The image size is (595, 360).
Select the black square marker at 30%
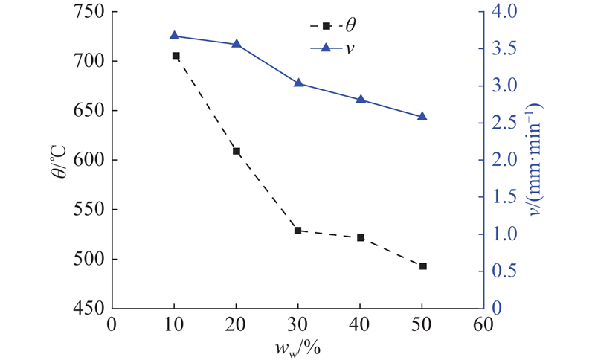point(298,231)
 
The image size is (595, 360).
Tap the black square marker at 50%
point(422,266)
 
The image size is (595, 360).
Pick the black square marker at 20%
point(237,151)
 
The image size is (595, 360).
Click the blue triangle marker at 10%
point(174,36)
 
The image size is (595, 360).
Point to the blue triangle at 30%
point(298,83)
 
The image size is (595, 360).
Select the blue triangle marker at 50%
point(422,116)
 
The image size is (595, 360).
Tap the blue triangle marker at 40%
point(361,99)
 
